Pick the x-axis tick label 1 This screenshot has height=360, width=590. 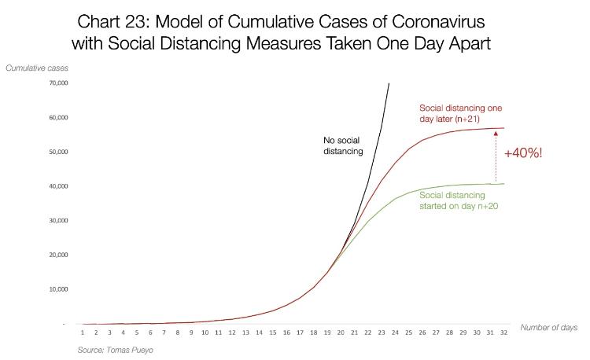coord(83,332)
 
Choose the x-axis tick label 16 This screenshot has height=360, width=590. coord(286,332)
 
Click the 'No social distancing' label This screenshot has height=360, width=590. coord(344,145)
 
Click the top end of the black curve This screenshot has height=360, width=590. coord(389,83)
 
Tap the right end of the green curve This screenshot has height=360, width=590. coord(503,184)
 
